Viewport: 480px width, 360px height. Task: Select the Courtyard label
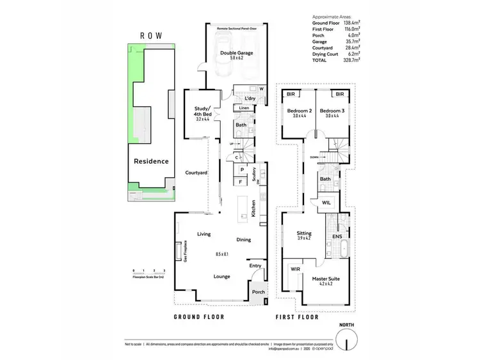(195, 173)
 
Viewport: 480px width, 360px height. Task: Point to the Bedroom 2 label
(299, 111)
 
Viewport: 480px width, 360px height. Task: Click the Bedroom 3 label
(333, 111)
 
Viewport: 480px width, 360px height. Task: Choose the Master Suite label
(326, 279)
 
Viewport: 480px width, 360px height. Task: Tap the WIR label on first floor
(295, 269)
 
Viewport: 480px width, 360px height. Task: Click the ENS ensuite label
(337, 237)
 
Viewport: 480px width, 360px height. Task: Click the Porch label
(259, 292)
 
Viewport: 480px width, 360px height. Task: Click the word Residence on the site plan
(151, 161)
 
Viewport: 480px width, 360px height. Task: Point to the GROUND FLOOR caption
(202, 317)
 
